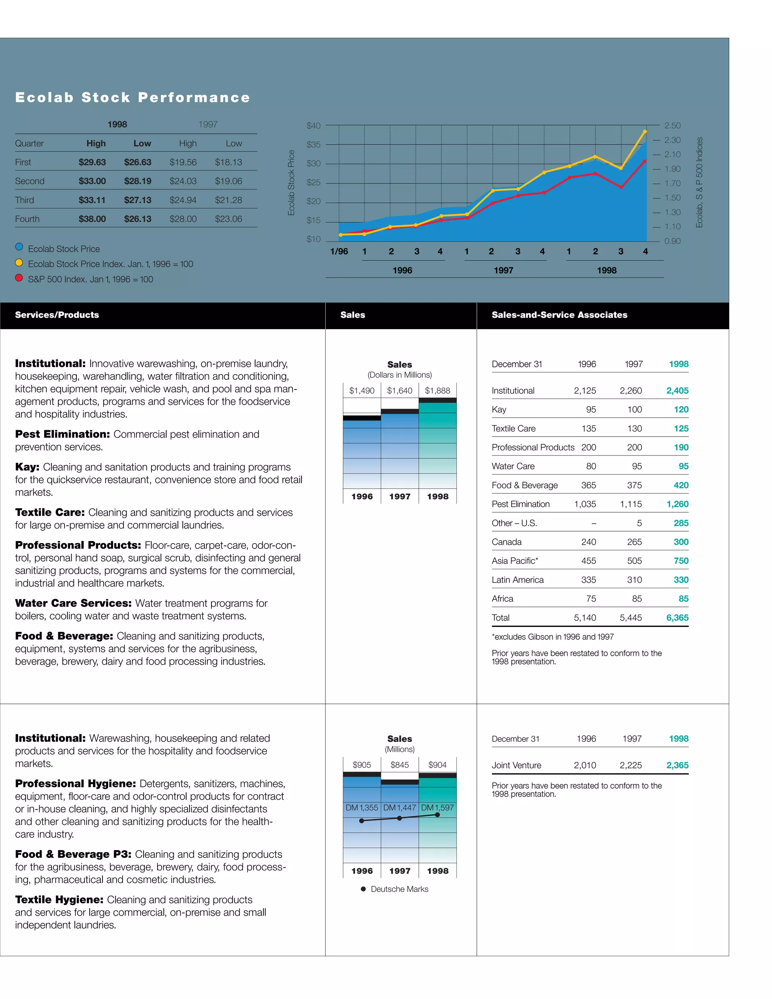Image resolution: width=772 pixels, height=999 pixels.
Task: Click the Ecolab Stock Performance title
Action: coord(133,97)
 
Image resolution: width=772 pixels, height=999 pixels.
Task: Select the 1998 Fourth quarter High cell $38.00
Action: coord(92,219)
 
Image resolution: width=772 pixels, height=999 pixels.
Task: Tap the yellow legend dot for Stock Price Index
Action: coord(19,263)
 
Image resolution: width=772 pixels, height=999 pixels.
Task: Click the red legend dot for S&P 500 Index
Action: coord(19,278)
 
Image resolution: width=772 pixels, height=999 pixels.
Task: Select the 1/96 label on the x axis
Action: coord(339,251)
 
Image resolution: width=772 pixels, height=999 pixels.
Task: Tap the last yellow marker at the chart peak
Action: coord(645,132)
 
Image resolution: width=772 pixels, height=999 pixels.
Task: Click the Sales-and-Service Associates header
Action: coord(559,315)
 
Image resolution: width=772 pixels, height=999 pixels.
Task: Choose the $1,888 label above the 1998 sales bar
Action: coord(437,391)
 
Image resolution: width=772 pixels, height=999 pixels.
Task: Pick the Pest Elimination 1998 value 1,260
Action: coord(677,504)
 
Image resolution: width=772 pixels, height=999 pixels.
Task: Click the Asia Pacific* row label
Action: coord(515,561)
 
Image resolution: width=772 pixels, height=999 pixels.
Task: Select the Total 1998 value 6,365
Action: coord(677,617)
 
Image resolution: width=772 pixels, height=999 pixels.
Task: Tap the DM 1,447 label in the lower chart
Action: coord(399,808)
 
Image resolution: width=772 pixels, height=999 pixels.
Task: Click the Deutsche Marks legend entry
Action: coord(399,889)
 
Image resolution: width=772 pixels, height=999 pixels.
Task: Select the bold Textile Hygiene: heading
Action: coord(59,900)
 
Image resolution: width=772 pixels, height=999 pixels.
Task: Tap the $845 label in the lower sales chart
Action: coord(399,765)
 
